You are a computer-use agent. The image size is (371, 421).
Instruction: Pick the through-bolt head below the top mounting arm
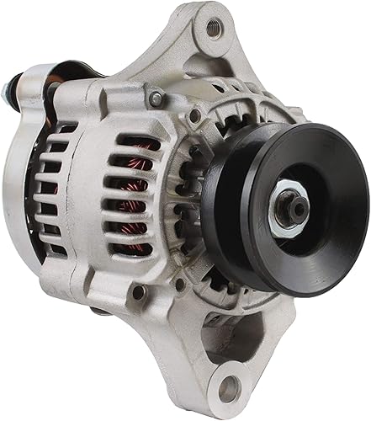[156, 99]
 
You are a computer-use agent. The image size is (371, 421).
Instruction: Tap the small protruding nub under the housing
[99, 313]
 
